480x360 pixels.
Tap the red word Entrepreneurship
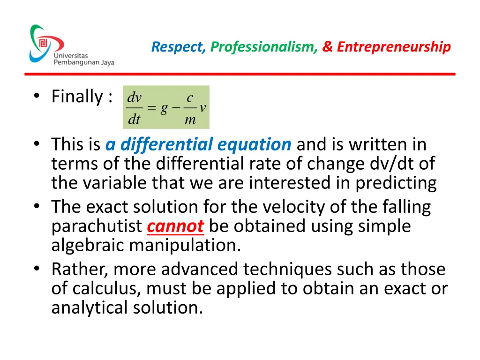click(394, 47)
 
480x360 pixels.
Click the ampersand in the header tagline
click(327, 47)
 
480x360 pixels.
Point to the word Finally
click(77, 97)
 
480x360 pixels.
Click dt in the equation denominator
click(135, 120)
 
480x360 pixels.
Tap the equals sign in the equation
click(151, 108)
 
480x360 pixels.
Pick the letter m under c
click(190, 120)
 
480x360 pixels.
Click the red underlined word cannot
click(175, 226)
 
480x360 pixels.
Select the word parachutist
click(97, 226)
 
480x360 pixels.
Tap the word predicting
click(396, 183)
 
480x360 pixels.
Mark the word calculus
click(104, 289)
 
